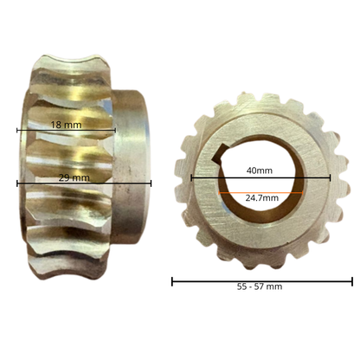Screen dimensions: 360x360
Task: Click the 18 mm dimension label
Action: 66,125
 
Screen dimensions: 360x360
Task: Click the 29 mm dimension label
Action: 74,177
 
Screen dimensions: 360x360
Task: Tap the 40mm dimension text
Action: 260,170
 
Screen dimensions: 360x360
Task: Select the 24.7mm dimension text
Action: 262,198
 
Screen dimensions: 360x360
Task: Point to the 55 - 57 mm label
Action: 260,286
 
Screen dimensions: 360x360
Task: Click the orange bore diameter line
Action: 260,192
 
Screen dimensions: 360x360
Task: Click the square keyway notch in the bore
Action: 220,155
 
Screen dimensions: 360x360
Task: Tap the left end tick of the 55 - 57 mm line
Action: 172,281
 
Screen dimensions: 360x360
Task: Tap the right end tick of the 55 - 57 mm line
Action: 352,281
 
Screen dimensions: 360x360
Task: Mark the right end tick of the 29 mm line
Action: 151,183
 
